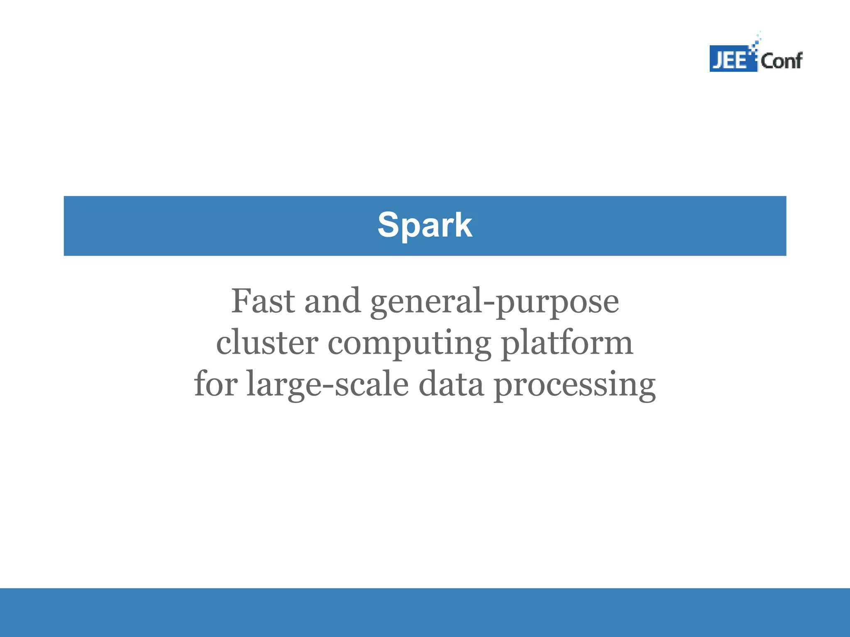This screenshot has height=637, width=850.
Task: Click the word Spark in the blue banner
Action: tap(425, 225)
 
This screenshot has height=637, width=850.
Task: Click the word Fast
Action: tap(263, 301)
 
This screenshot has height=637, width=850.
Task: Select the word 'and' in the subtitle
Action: tap(332, 301)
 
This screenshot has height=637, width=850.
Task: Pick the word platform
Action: tap(567, 344)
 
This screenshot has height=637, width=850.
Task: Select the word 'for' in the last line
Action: tap(216, 384)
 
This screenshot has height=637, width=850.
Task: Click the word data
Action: tap(451, 384)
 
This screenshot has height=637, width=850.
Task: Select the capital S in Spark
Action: tap(388, 225)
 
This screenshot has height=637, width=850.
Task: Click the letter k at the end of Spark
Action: tap(463, 225)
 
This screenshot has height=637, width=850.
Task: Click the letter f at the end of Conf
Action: tap(797, 61)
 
